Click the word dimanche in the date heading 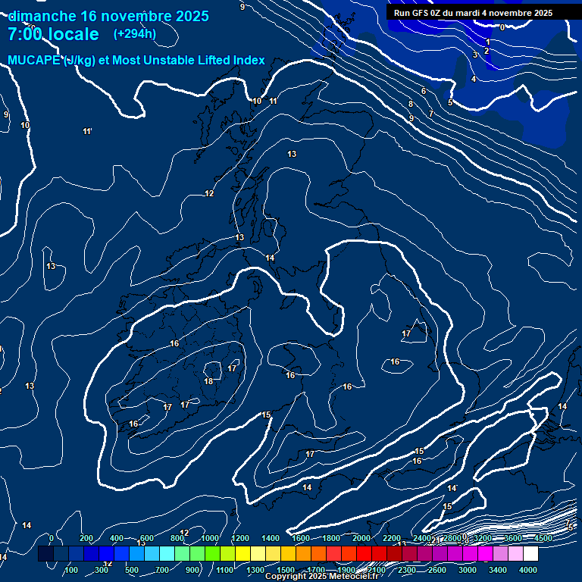pos(42,16)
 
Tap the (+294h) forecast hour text pos(135,33)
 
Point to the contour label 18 pos(208,381)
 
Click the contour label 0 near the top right pos(502,27)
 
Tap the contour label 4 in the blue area pos(474,79)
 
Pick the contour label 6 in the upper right pos(424,91)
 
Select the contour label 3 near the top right pos(475,55)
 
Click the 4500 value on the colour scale pos(543,538)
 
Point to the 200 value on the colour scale pos(86,538)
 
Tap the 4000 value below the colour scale pos(528,570)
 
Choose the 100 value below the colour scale pos(71,570)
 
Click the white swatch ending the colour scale pos(530,554)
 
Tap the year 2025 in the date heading pos(192,16)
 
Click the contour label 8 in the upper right pos(411,104)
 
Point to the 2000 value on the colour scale pos(361,538)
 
